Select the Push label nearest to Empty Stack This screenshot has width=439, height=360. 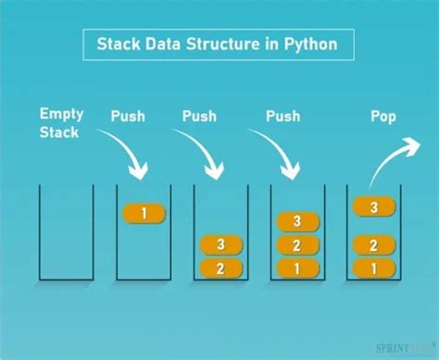coord(128,117)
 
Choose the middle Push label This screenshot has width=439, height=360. coord(199,117)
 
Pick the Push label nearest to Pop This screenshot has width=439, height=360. coord(282,117)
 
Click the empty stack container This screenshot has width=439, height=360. coord(66,231)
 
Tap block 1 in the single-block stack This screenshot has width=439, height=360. coord(144,214)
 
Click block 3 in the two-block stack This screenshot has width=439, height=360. coord(221,245)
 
